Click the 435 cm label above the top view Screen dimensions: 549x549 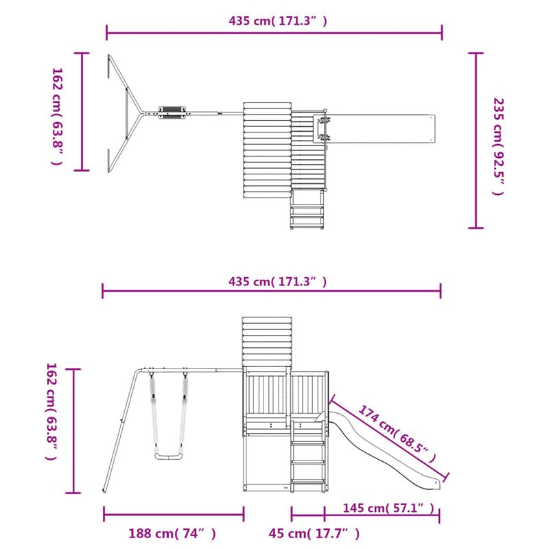click(277, 21)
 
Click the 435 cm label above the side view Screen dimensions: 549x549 click(277, 281)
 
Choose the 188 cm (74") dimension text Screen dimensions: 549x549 click(172, 533)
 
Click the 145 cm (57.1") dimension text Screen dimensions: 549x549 click(389, 508)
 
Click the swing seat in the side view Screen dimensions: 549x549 click(168, 457)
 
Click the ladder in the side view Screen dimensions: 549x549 click(307, 456)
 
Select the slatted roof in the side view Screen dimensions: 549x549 click(267, 342)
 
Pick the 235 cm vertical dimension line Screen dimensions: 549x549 click(476, 141)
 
